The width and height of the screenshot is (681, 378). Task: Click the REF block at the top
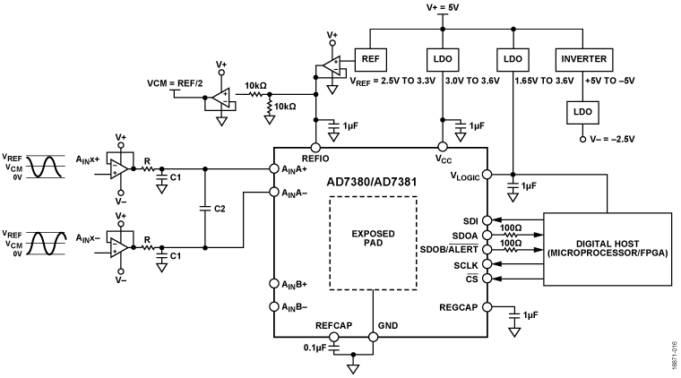pos(371,59)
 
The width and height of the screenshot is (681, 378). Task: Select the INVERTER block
pos(583,59)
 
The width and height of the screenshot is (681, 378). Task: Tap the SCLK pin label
pos(466,265)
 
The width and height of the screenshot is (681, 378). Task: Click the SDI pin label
pos(470,219)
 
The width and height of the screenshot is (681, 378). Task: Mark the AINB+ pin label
pos(292,284)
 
